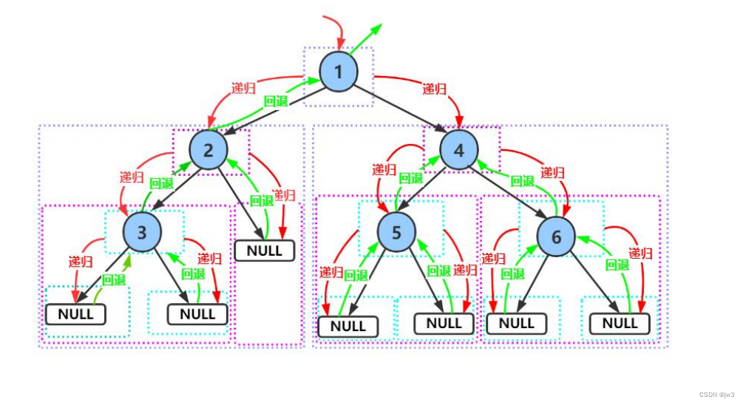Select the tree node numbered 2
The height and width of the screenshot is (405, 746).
point(208,150)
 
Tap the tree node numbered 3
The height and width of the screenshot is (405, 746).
point(143,232)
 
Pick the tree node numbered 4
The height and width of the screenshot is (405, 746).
point(459,151)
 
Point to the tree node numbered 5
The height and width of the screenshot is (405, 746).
point(396,233)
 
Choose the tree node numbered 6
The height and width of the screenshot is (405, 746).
point(556,236)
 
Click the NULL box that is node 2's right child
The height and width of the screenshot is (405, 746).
point(264,251)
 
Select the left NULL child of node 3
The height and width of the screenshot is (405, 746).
point(75,314)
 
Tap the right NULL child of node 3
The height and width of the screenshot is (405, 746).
point(197,314)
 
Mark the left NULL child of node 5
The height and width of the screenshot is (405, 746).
point(347,326)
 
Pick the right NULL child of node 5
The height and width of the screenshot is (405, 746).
point(444,323)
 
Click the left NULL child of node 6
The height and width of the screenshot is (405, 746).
point(516,323)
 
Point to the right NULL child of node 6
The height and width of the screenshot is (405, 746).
point(620,323)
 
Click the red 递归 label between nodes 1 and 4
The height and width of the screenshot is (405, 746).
point(434,89)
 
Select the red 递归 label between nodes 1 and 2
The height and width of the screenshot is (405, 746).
point(243,88)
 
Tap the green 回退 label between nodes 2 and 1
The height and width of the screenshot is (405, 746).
point(275,101)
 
